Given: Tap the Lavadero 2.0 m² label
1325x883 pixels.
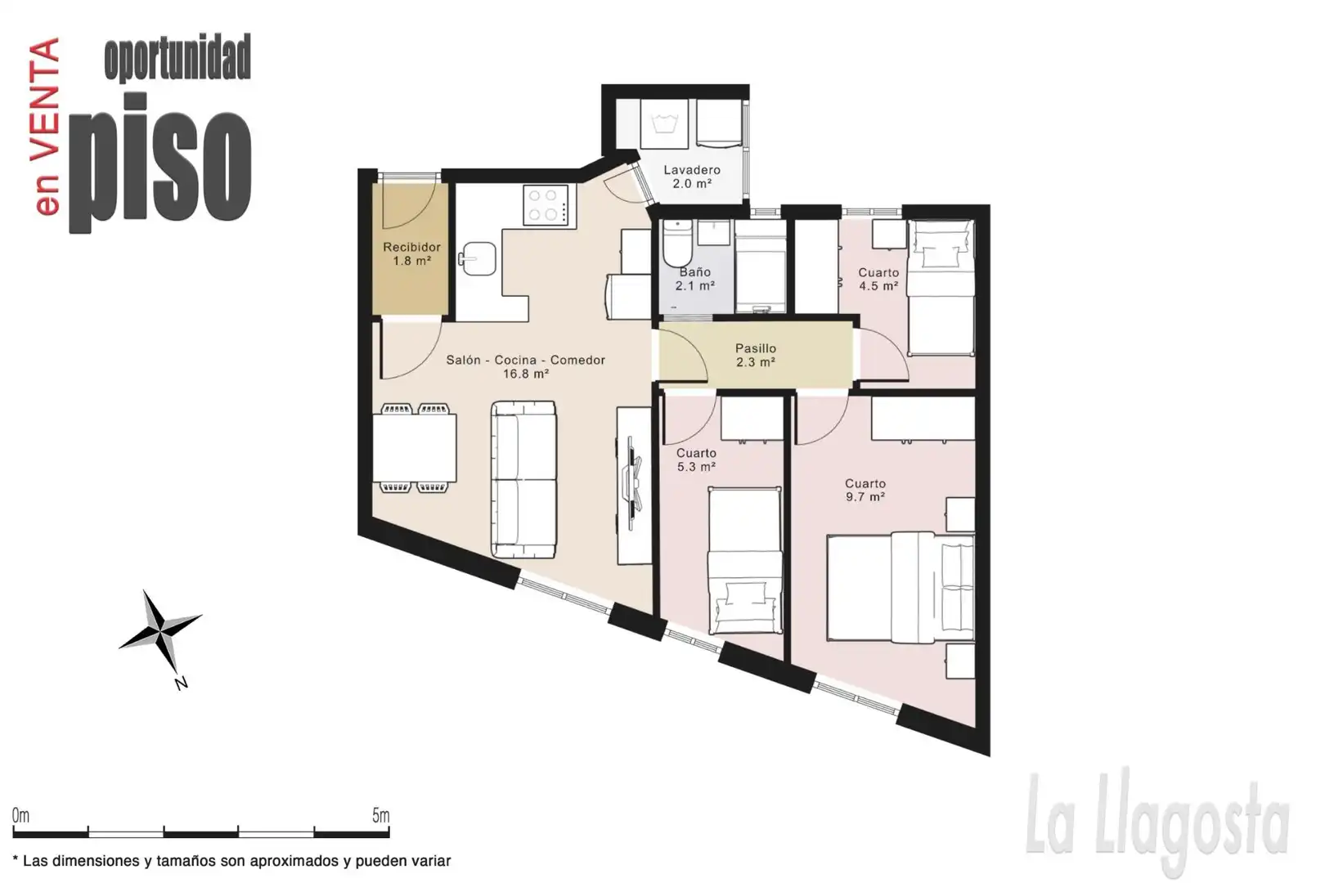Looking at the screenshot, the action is pos(691,177).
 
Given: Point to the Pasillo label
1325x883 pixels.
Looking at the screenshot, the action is pos(756,348).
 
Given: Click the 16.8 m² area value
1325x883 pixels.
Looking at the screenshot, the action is pos(526,374).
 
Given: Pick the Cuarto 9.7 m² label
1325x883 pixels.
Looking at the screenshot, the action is pos(865,491).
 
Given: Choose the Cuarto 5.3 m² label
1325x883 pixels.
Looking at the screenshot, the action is pos(696,459).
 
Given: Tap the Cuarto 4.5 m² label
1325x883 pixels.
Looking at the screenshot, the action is pos(878,279).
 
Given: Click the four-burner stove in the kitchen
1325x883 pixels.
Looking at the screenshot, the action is pos(549,204).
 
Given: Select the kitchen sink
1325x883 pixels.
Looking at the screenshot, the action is pos(478,258).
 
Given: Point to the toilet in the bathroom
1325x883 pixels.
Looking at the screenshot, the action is pos(677,243).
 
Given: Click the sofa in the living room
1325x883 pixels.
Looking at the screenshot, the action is pos(523,479).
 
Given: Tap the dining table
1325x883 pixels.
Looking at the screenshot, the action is pos(415,448).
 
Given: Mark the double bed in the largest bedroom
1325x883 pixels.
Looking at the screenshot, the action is pos(901,587).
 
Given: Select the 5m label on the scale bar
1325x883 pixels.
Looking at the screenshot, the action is pos(381,816).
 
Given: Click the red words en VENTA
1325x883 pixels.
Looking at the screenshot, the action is pos(46,127).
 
